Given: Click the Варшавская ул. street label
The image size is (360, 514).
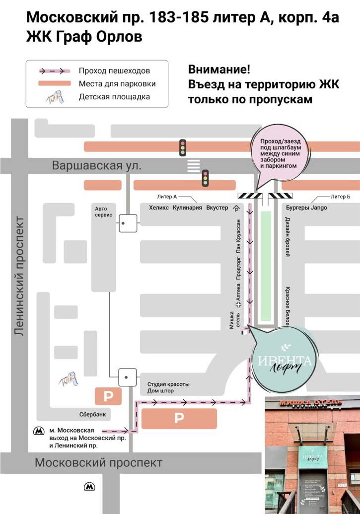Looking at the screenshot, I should (x=97, y=165).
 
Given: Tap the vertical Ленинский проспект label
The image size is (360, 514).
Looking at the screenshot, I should (x=19, y=276).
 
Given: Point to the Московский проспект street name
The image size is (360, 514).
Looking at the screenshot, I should (x=98, y=463).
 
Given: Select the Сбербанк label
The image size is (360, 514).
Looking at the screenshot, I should (x=93, y=414).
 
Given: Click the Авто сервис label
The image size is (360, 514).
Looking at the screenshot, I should (x=105, y=212).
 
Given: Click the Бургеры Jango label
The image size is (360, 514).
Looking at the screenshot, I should (x=306, y=208).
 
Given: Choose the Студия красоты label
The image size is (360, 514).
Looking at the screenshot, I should (x=168, y=384).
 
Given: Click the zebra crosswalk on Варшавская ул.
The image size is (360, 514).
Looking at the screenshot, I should (x=193, y=166).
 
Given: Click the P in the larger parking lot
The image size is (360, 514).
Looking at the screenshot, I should (x=179, y=419).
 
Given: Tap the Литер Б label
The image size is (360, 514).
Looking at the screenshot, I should (x=340, y=197).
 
